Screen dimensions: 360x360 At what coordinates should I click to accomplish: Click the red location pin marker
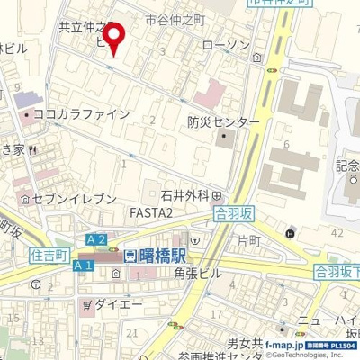tap(113, 37)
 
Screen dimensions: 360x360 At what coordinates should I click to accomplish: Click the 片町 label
tap(247, 241)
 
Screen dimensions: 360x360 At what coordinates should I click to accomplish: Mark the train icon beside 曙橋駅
tap(130, 256)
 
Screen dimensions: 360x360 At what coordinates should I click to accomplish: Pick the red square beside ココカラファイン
tap(27, 115)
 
